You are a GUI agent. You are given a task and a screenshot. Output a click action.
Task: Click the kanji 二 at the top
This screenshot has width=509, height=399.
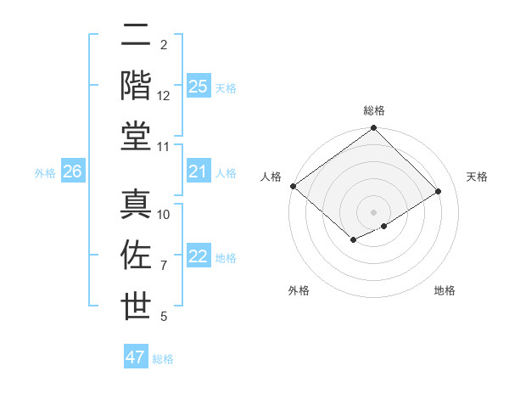pyautogui.click(x=136, y=36)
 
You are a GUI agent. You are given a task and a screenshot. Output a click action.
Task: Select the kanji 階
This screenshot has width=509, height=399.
pyautogui.click(x=136, y=86)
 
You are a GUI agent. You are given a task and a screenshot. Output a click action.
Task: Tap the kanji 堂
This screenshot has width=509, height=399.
pyautogui.click(x=136, y=135)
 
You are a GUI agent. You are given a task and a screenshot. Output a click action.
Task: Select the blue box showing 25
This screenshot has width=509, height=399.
pyautogui.click(x=198, y=86)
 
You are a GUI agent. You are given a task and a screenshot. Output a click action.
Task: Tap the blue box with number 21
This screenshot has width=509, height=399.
pyautogui.click(x=198, y=171)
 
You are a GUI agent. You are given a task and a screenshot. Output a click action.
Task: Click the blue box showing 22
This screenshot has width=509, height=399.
pyautogui.click(x=198, y=256)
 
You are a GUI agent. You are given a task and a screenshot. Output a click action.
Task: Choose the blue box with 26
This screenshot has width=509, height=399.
pyautogui.click(x=72, y=171)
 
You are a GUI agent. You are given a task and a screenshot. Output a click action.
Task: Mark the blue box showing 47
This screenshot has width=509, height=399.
pyautogui.click(x=135, y=357)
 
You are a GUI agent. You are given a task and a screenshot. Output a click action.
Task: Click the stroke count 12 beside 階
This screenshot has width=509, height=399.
pyautogui.click(x=164, y=96)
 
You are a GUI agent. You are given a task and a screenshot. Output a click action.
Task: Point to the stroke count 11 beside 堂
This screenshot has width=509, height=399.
pyautogui.click(x=164, y=147)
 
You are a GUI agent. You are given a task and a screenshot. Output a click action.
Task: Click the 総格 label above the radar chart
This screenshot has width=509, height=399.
pyautogui.click(x=373, y=110)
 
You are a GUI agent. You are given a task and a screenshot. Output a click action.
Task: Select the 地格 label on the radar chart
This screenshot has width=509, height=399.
pyautogui.click(x=445, y=290)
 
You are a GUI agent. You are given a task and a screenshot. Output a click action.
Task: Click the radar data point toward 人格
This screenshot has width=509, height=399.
pyautogui.click(x=293, y=186)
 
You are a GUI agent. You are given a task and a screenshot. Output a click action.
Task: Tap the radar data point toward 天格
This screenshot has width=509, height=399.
pyautogui.click(x=439, y=192)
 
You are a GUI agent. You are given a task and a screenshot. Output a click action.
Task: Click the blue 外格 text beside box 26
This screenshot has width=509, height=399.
pyautogui.click(x=45, y=173)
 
